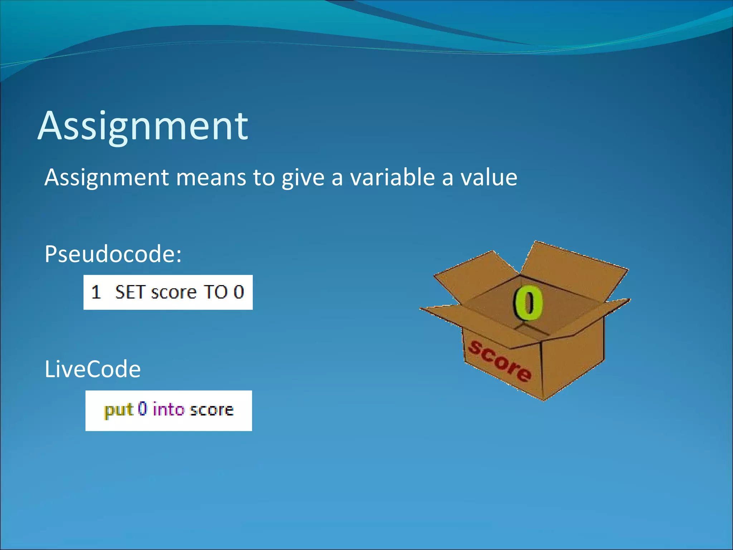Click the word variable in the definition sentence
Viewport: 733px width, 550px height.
pos(392,178)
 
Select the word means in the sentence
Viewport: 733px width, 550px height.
pos(211,178)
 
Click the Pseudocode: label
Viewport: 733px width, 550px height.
pos(113,254)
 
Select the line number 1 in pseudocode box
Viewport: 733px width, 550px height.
pos(96,292)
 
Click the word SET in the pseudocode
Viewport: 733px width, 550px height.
pos(130,292)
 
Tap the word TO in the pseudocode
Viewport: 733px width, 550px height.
pos(215,292)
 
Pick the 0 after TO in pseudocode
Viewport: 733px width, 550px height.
pos(239,292)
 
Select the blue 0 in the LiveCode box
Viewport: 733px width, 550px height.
pos(142,409)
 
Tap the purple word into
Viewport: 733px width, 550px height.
pos(168,409)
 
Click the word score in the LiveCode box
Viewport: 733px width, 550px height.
pos(212,410)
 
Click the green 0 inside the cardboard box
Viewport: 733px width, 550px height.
pos(528,303)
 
